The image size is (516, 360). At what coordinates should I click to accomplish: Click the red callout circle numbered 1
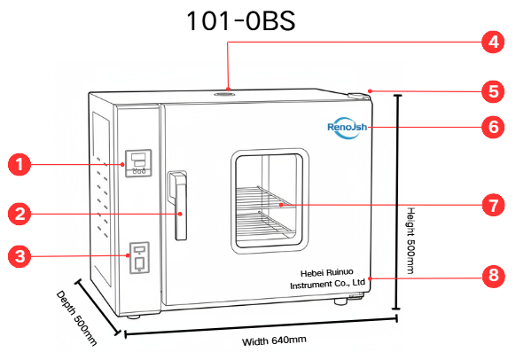click(20, 164)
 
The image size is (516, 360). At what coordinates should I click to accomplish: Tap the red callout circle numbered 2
click(20, 214)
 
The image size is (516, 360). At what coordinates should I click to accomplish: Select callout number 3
click(20, 256)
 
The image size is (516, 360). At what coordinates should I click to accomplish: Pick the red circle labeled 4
click(493, 42)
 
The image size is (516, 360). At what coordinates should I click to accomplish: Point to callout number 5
click(493, 91)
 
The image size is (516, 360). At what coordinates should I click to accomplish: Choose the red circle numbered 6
click(493, 127)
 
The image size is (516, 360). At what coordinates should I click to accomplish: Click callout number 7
click(493, 205)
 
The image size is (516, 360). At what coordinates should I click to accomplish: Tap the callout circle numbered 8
click(493, 276)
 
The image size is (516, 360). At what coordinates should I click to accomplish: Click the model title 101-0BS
click(240, 20)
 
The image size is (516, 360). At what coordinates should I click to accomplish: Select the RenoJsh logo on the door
click(348, 128)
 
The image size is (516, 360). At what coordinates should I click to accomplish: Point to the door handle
click(177, 206)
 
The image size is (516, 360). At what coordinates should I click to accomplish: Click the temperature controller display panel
click(138, 163)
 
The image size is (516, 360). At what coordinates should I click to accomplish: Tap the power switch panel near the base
click(139, 258)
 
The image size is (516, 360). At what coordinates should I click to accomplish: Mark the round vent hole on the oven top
click(224, 95)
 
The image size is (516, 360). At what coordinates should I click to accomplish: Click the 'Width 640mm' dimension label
click(274, 340)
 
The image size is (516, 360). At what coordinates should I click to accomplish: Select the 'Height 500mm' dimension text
click(410, 240)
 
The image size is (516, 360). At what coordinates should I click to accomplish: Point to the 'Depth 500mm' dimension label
click(76, 318)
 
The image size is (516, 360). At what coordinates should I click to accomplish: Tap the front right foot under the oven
click(340, 301)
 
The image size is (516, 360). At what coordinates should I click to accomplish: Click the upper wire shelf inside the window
click(263, 198)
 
